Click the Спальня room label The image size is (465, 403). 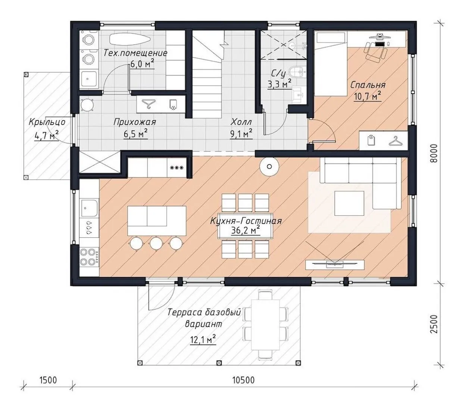click(x=368, y=85)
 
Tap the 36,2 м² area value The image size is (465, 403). click(x=246, y=231)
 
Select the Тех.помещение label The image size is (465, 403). click(x=135, y=53)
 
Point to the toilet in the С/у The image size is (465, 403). click(x=298, y=72)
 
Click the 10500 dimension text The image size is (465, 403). click(x=243, y=380)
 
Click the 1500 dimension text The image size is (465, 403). click(x=48, y=380)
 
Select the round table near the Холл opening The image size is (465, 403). click(x=269, y=167)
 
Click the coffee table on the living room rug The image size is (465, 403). click(x=349, y=203)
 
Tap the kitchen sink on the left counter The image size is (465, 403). click(x=90, y=208)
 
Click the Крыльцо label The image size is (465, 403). click(x=47, y=122)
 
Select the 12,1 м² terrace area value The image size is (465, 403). click(x=203, y=340)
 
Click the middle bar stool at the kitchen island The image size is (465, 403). click(x=157, y=243)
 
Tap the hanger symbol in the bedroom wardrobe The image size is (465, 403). click(x=396, y=141)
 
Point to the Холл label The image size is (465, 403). click(x=241, y=122)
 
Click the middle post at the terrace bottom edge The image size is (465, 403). click(x=219, y=363)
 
